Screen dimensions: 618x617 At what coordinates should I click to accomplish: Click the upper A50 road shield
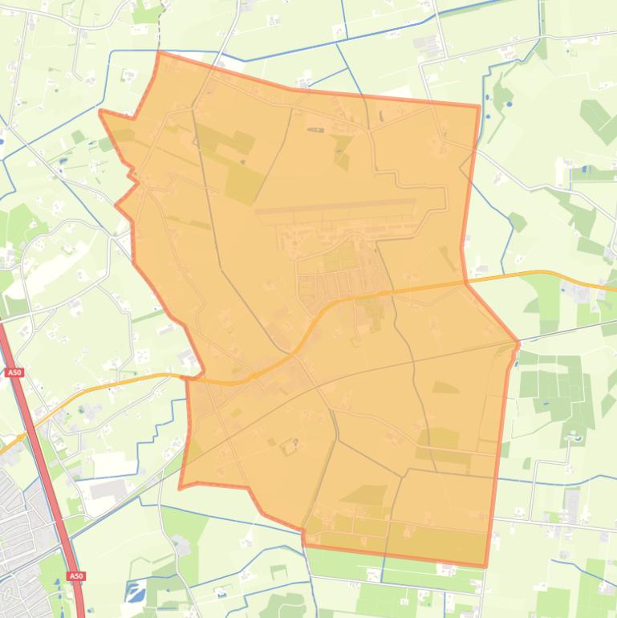14,372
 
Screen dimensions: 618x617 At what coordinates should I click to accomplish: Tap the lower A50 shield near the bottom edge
75,576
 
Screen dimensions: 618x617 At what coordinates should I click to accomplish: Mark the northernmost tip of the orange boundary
159,53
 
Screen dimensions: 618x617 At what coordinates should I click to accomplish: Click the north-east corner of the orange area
479,106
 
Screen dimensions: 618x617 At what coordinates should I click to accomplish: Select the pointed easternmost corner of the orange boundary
518,344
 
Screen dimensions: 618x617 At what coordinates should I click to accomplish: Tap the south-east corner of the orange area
485,566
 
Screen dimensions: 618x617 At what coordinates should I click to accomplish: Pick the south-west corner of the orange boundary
181,487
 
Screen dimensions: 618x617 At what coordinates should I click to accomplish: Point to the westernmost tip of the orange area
100,112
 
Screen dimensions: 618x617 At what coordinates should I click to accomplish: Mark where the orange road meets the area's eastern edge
465,283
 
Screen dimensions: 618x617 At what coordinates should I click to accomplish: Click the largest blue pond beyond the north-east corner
507,104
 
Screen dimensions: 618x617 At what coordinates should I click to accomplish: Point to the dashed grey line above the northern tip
161,24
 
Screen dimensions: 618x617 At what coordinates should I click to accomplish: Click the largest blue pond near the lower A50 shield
133,593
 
